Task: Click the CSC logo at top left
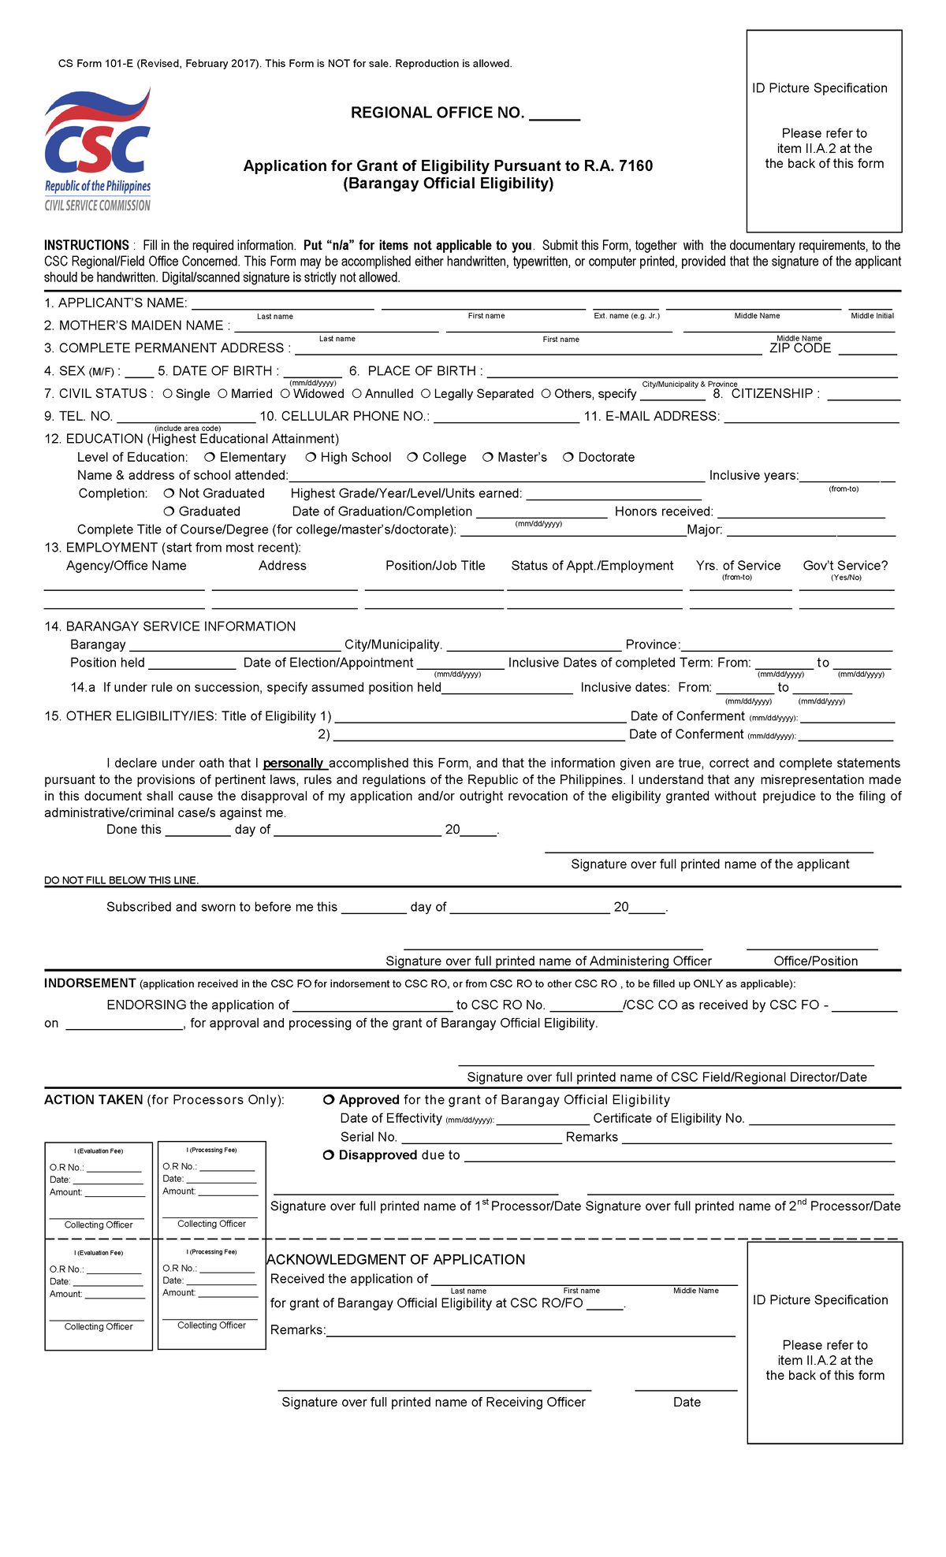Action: (98, 150)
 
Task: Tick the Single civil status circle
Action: (168, 393)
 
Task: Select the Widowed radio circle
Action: (285, 393)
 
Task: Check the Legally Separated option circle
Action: (426, 393)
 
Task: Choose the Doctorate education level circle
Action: (568, 457)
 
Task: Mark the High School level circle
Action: (311, 457)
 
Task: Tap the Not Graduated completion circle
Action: (169, 493)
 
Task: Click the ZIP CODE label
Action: (800, 348)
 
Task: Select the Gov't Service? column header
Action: (845, 566)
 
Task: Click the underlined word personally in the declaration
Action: (293, 763)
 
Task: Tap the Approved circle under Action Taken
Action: (329, 1100)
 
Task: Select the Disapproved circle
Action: (329, 1155)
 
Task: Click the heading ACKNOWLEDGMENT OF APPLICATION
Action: (397, 1259)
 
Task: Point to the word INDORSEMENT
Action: (90, 983)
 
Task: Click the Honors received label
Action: (664, 511)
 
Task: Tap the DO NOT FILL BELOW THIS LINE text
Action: (121, 880)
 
